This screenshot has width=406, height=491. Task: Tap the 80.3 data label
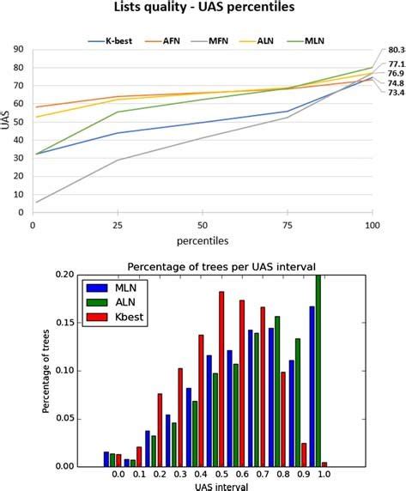click(x=396, y=51)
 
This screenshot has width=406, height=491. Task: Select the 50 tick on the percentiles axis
click(x=202, y=223)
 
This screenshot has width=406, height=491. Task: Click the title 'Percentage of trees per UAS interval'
click(x=203, y=265)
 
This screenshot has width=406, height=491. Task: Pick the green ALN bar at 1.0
click(x=318, y=370)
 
